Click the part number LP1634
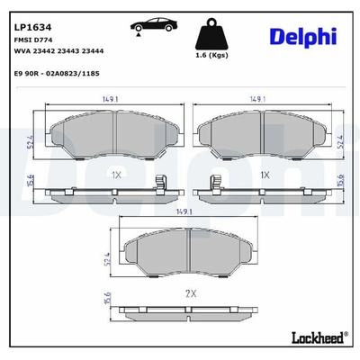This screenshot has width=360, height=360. click(33, 28)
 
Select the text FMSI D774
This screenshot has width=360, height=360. click(33, 40)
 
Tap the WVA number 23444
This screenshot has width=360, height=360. click(93, 51)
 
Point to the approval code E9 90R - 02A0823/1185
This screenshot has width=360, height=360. click(57, 74)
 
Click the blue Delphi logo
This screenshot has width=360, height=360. click(303, 37)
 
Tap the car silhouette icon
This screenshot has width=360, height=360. click(154, 24)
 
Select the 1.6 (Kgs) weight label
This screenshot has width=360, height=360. click(211, 55)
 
